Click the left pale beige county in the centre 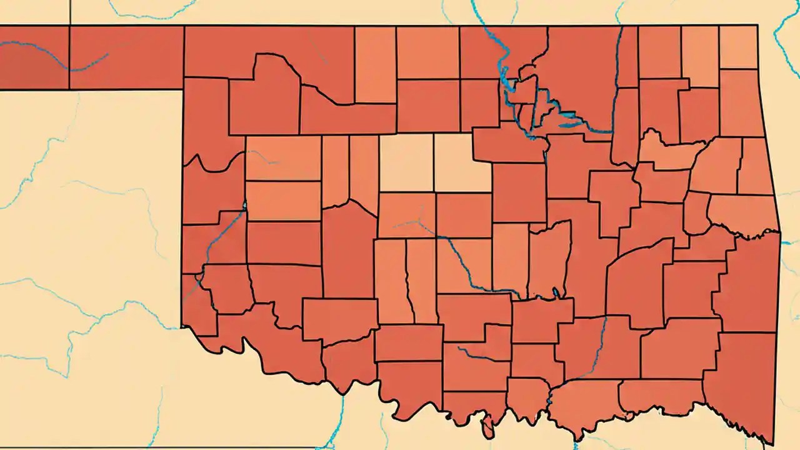[x=406, y=162]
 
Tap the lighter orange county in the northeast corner [x=738, y=47]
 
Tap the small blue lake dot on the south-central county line [x=556, y=292]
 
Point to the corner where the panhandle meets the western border [x=182, y=90]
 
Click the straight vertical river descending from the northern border [x=617, y=75]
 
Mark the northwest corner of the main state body [x=184, y=26]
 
